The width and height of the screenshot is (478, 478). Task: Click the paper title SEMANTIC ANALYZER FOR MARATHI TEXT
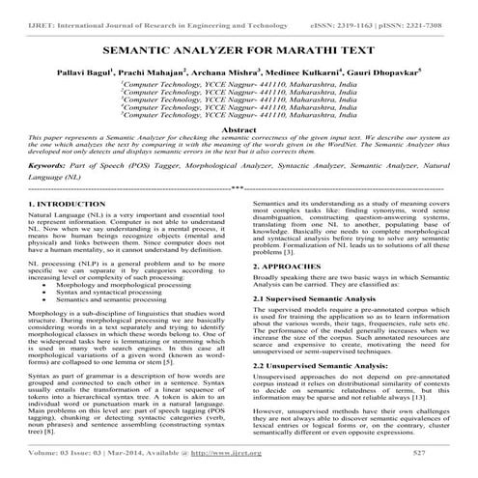(x=239, y=47)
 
